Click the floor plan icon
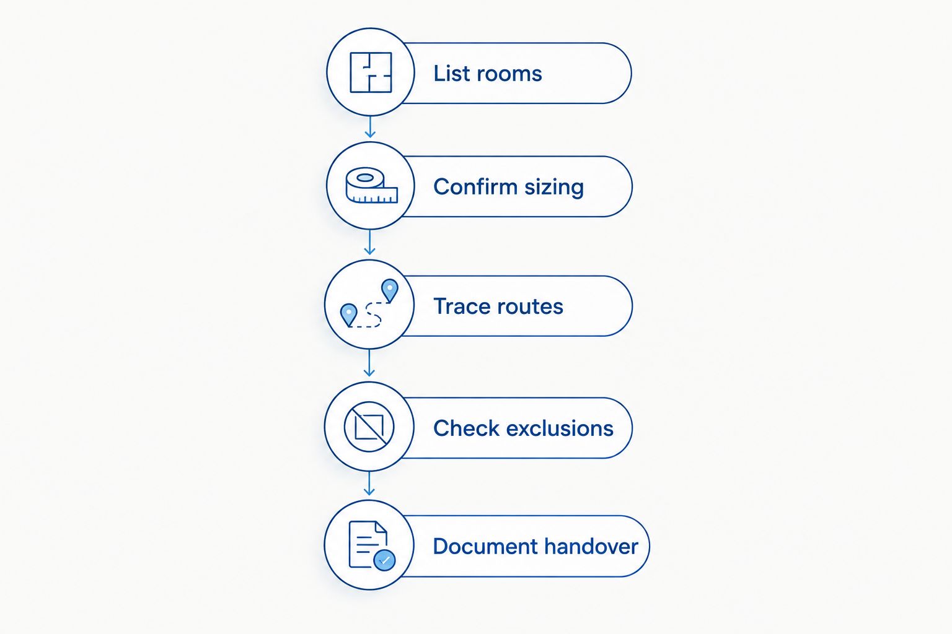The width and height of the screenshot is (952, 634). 371,72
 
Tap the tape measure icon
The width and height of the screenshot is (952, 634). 371,185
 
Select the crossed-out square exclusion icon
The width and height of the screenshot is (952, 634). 369,427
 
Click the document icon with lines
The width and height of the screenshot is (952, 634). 368,544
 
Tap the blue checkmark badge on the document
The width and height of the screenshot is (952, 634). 385,560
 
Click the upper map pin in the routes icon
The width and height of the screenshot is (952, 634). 390,290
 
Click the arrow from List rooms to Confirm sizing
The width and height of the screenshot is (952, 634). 370,126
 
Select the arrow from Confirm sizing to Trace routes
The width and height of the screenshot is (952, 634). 370,243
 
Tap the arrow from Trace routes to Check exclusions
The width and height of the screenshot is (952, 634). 369,363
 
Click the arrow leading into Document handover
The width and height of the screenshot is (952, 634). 369,484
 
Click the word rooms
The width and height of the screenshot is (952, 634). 509,74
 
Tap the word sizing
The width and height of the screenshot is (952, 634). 554,188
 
